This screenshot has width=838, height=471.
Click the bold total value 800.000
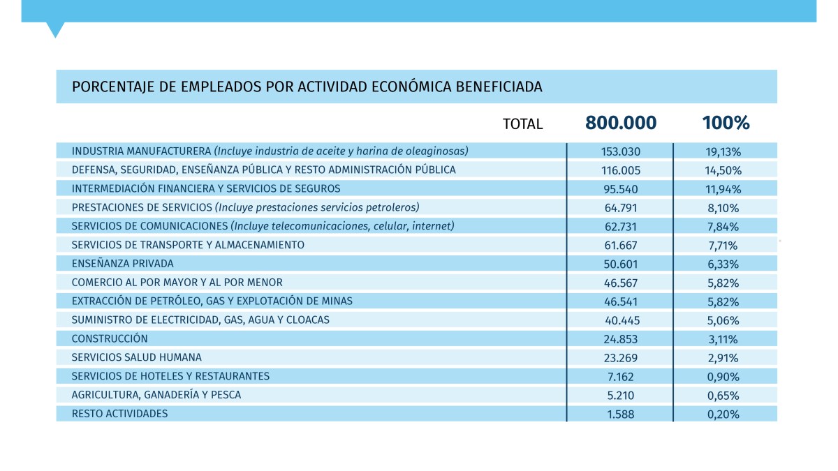coord(621,124)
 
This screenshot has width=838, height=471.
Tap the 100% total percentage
coord(726,124)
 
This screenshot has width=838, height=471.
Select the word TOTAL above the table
coord(522,124)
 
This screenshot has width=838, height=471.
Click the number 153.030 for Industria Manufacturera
coord(621,151)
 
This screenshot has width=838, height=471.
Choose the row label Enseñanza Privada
coord(123,264)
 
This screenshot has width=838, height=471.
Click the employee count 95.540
coord(621,188)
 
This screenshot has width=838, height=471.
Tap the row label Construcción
coord(110,338)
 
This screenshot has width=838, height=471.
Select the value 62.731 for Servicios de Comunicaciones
coord(621,226)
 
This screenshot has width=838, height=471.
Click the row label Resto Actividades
coord(120,414)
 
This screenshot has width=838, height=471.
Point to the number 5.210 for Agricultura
coord(621,395)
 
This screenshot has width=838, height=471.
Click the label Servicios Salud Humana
coord(137,357)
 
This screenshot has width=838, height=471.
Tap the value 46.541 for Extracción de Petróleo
coord(621,301)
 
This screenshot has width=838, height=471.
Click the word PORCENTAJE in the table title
coord(105,87)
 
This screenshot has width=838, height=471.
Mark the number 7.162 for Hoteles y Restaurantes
coord(621,376)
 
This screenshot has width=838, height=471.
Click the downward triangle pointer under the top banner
coord(55,29)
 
